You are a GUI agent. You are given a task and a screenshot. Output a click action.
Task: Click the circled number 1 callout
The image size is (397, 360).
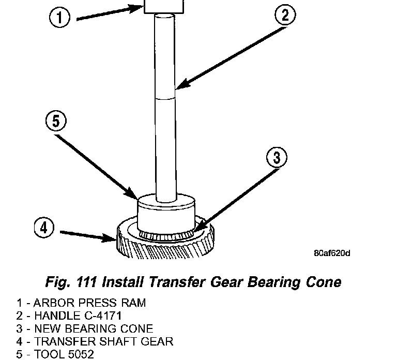click(x=60, y=19)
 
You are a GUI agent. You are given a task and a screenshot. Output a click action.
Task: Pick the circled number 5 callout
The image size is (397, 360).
click(x=56, y=122)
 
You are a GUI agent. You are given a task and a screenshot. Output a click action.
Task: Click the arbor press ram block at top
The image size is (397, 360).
click(x=164, y=6)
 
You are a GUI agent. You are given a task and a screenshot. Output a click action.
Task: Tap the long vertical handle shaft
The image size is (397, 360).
click(x=166, y=103)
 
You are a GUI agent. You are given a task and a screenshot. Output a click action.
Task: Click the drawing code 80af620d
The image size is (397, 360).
click(x=332, y=253)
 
